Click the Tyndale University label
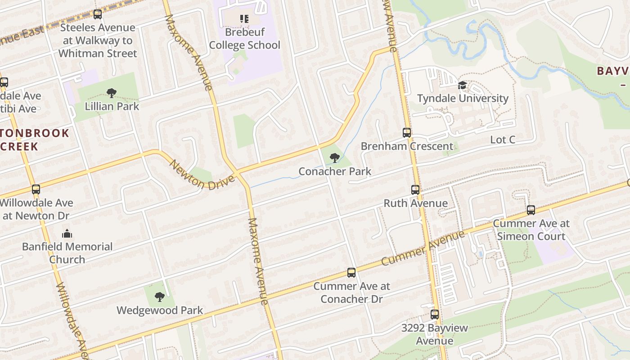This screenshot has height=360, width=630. (x=463, y=98)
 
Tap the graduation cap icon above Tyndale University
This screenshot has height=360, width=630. (x=462, y=85)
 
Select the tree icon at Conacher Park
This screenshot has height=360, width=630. (x=334, y=158)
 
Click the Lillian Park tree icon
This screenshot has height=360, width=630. (x=112, y=93)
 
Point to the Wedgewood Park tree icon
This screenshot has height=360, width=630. (x=159, y=297)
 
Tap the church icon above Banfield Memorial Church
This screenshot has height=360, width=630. (x=67, y=233)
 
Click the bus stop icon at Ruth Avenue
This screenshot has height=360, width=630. (x=415, y=190)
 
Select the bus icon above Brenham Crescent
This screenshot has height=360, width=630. (x=407, y=133)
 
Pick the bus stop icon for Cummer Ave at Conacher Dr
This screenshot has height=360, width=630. (x=351, y=273)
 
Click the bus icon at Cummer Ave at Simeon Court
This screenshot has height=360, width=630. (x=531, y=210)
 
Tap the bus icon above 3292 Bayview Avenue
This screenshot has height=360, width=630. (x=435, y=315)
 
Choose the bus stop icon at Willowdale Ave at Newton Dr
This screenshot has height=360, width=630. (x=36, y=189)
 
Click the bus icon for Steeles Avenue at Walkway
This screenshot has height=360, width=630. (x=98, y=14)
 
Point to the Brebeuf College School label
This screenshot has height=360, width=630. (x=245, y=39)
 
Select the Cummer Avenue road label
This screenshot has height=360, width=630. (x=423, y=248)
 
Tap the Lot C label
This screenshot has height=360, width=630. (x=502, y=140)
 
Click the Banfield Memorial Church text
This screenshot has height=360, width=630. (x=67, y=253)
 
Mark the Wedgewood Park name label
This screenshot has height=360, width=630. (x=160, y=310)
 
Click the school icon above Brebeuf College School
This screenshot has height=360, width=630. (x=244, y=18)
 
